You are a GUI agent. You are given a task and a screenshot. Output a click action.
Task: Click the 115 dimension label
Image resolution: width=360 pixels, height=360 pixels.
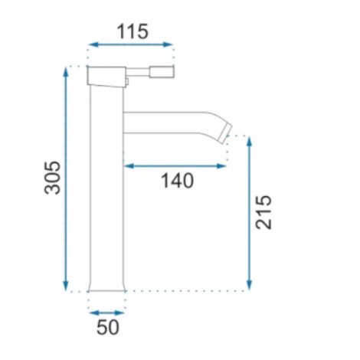[x=133, y=31]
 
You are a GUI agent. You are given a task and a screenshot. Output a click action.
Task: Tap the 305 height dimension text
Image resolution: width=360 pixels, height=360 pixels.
[x=53, y=178]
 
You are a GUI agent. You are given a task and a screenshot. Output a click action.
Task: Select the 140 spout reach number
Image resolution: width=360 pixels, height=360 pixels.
[x=177, y=181]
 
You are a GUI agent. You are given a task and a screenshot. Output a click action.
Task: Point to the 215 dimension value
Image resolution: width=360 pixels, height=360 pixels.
[x=264, y=212]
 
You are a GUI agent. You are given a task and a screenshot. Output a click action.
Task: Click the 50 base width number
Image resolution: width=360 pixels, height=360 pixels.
[x=108, y=327]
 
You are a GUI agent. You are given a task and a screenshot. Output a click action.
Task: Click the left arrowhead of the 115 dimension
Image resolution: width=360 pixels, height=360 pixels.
[x=93, y=44]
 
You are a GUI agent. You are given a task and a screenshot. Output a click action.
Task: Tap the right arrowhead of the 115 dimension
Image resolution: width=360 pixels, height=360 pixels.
[x=168, y=44]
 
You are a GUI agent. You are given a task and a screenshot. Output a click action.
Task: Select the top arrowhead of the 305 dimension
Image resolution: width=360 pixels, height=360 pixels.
[x=66, y=72]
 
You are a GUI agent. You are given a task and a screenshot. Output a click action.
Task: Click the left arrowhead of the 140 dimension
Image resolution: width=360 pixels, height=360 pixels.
[x=129, y=166]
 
